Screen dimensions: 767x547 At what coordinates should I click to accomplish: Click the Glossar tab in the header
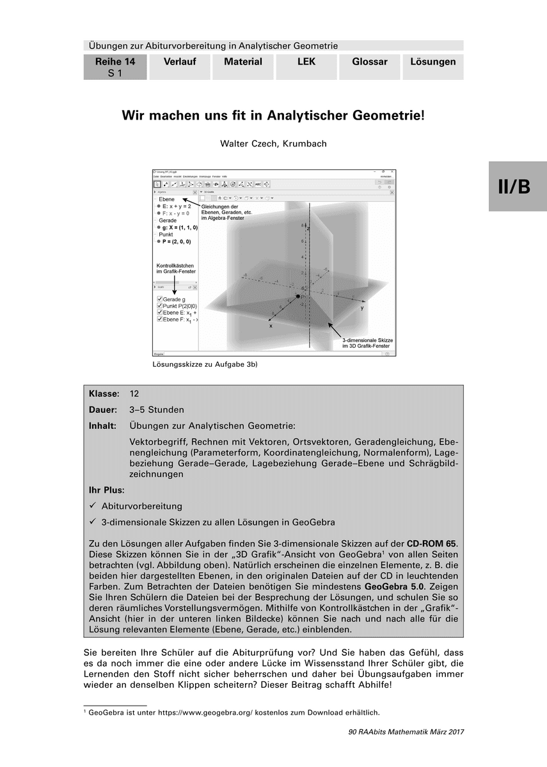pos(369,62)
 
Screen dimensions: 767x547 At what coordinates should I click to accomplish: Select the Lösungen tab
pos(433,62)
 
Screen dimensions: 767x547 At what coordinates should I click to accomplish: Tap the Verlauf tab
pos(180,62)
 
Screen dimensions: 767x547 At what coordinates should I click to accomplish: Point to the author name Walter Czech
pos(273,144)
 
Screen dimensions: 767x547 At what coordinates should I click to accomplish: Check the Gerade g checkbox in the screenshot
pos(159,299)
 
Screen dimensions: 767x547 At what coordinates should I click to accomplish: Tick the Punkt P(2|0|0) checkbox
pos(159,306)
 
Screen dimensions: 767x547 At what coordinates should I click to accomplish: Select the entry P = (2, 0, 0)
pos(177,242)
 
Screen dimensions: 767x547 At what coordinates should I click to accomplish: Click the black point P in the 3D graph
pos(297,297)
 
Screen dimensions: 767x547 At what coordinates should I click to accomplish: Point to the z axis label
pos(308,227)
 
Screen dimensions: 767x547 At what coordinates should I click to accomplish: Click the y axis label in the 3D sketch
pos(361,307)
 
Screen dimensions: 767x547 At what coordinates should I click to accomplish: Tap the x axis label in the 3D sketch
pos(271,325)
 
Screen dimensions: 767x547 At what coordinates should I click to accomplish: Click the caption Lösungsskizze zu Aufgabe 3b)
pos(204,364)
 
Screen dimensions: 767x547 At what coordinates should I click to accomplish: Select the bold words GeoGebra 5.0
pos(390,585)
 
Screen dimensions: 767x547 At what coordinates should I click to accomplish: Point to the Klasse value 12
pos(134,394)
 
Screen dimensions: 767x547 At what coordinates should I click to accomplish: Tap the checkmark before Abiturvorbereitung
pos(93,506)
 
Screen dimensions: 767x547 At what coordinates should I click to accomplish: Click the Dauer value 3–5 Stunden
pos(157,410)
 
